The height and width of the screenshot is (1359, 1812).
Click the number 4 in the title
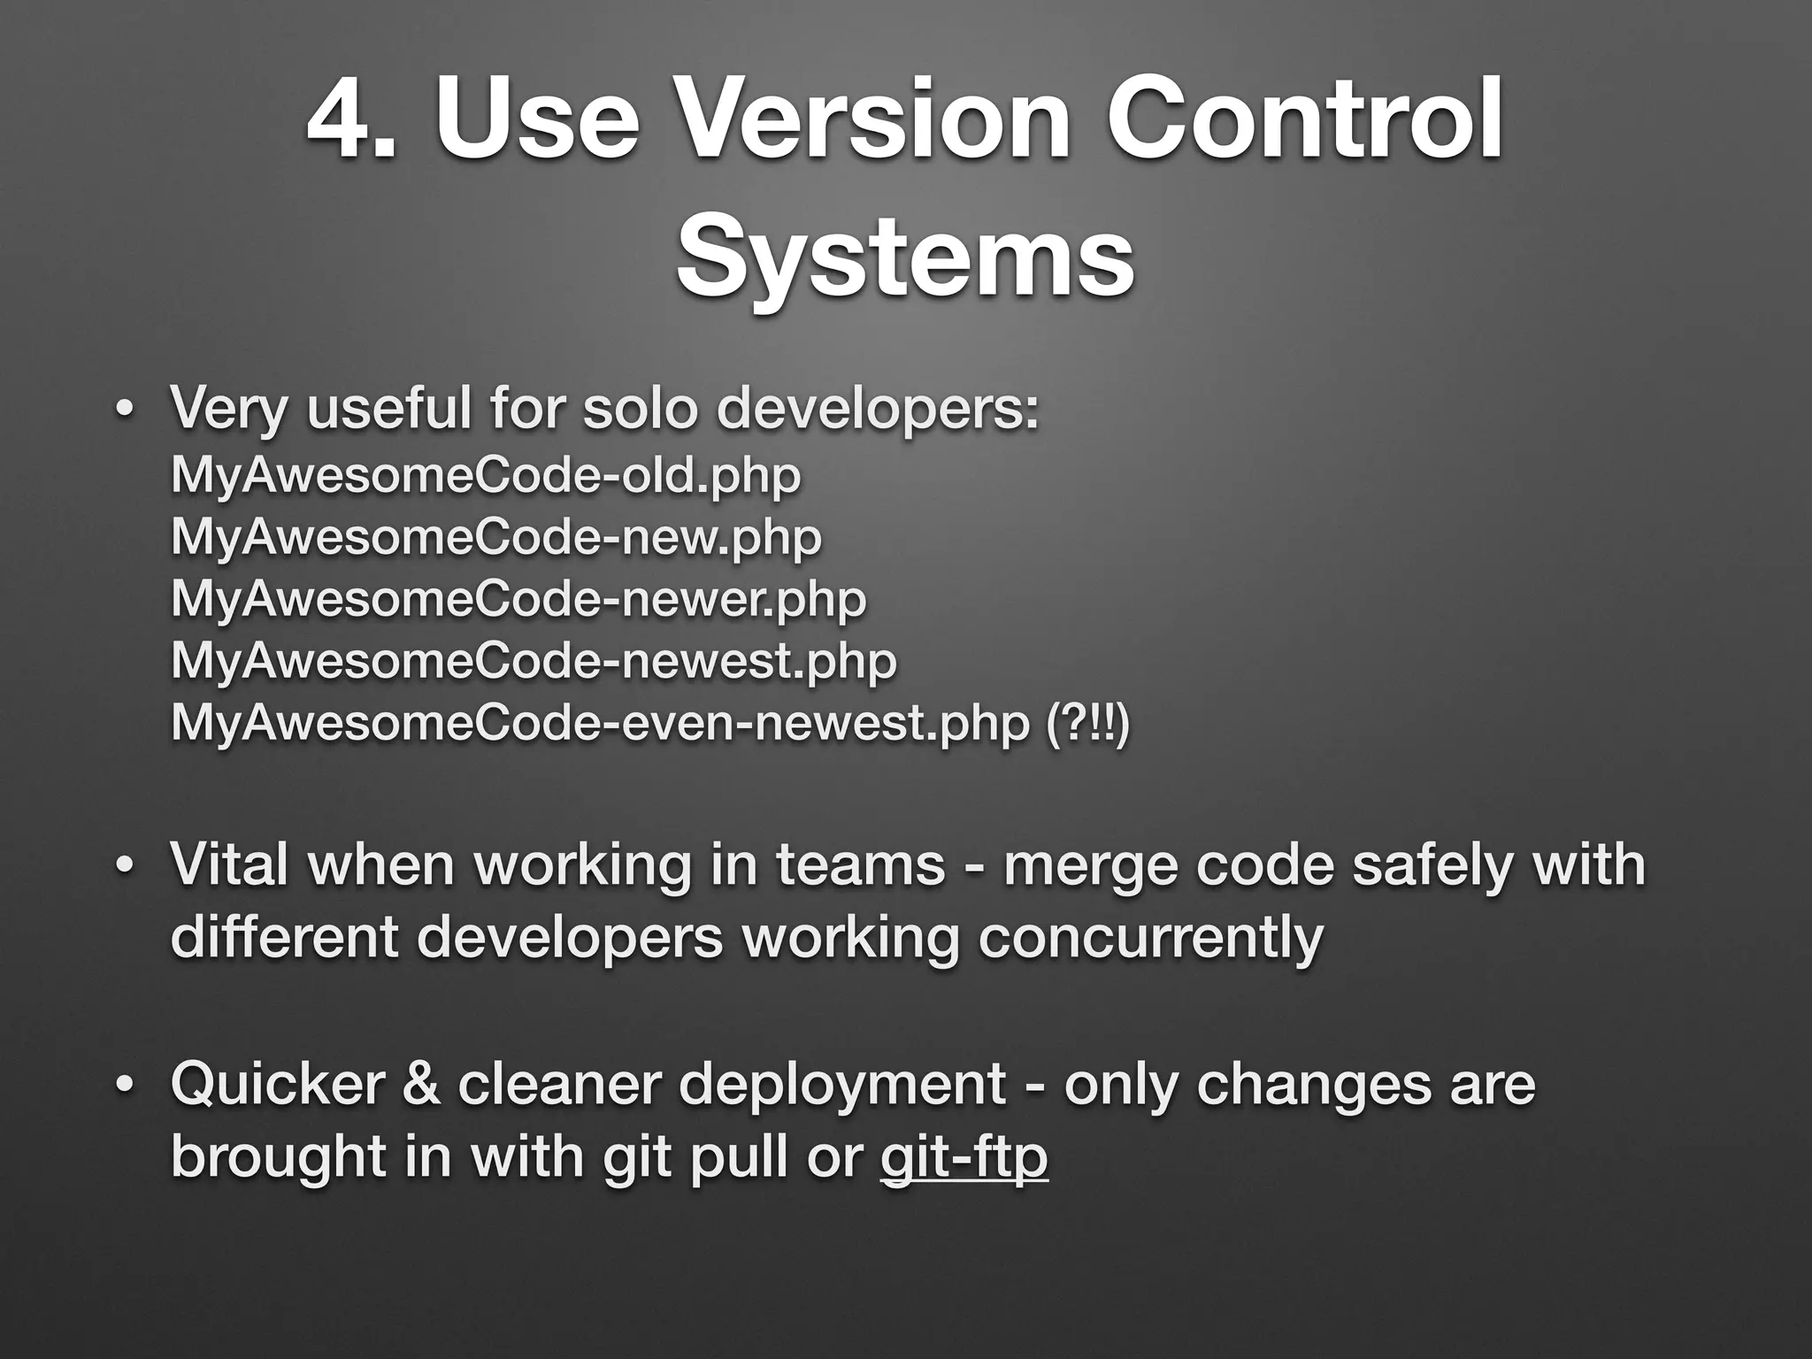(x=336, y=119)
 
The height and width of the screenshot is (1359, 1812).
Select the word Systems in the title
(x=904, y=257)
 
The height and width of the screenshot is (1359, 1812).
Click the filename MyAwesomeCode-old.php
(x=486, y=475)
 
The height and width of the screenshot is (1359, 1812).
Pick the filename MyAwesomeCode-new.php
(x=496, y=537)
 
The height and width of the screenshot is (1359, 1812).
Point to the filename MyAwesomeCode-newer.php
(x=518, y=599)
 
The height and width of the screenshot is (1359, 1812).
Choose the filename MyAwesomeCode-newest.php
(x=534, y=661)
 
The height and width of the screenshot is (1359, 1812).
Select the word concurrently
(x=1150, y=937)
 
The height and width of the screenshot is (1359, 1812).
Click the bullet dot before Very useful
(x=125, y=411)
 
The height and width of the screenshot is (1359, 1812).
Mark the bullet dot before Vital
(x=125, y=866)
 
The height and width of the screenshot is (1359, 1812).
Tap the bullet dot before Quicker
(x=125, y=1086)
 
